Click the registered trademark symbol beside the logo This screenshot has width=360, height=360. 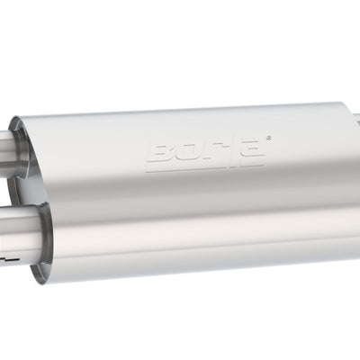(267, 137)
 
